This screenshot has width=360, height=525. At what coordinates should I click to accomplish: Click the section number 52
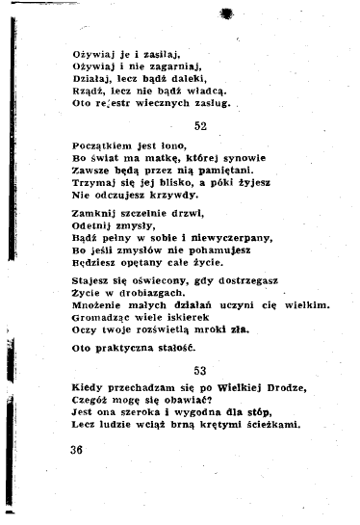click(200, 126)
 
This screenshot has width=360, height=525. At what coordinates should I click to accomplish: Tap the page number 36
click(79, 451)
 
